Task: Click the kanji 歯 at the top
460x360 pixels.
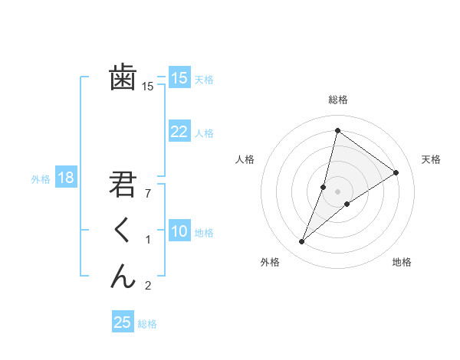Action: pos(123,77)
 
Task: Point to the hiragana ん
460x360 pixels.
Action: pos(123,275)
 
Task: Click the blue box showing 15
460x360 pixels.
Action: pos(179,78)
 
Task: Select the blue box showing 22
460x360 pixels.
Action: pos(179,132)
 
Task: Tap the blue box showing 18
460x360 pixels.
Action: pos(66,178)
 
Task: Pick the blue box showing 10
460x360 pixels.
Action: pos(179,231)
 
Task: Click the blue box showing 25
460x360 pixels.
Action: pos(123,322)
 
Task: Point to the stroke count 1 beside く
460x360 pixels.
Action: pos(148,240)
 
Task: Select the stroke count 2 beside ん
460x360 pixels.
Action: pos(148,286)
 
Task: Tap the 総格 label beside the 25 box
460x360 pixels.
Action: pos(147,324)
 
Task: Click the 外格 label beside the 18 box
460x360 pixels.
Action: pos(41,179)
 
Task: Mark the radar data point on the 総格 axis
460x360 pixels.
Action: pos(337,130)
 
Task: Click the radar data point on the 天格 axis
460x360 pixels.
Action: pos(396,172)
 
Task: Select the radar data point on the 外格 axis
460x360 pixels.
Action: pos(301,242)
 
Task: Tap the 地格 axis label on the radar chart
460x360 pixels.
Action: pos(402,262)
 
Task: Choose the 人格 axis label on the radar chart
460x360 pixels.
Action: pos(245,159)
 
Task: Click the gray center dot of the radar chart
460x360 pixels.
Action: pos(337,191)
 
